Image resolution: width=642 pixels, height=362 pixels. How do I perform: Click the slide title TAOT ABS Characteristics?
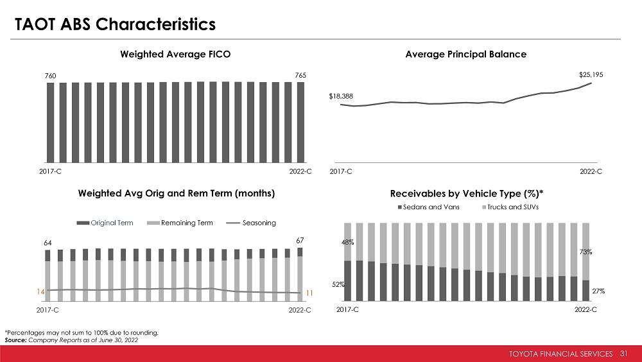tap(115, 24)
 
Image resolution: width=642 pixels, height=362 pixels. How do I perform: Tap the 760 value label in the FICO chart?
tap(50, 76)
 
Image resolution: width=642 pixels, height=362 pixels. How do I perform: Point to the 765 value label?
tap(300, 76)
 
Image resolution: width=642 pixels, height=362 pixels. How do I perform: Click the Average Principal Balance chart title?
tap(466, 55)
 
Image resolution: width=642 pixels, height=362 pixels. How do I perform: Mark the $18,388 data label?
tap(341, 96)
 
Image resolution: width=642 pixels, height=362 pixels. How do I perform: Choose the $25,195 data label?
tap(591, 74)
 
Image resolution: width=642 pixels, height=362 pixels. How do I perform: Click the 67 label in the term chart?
tap(300, 240)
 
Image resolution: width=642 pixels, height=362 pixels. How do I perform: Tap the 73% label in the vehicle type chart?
tap(586, 252)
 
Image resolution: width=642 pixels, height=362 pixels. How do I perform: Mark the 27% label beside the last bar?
tap(598, 291)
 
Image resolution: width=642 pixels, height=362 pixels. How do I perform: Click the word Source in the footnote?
tap(15, 340)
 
